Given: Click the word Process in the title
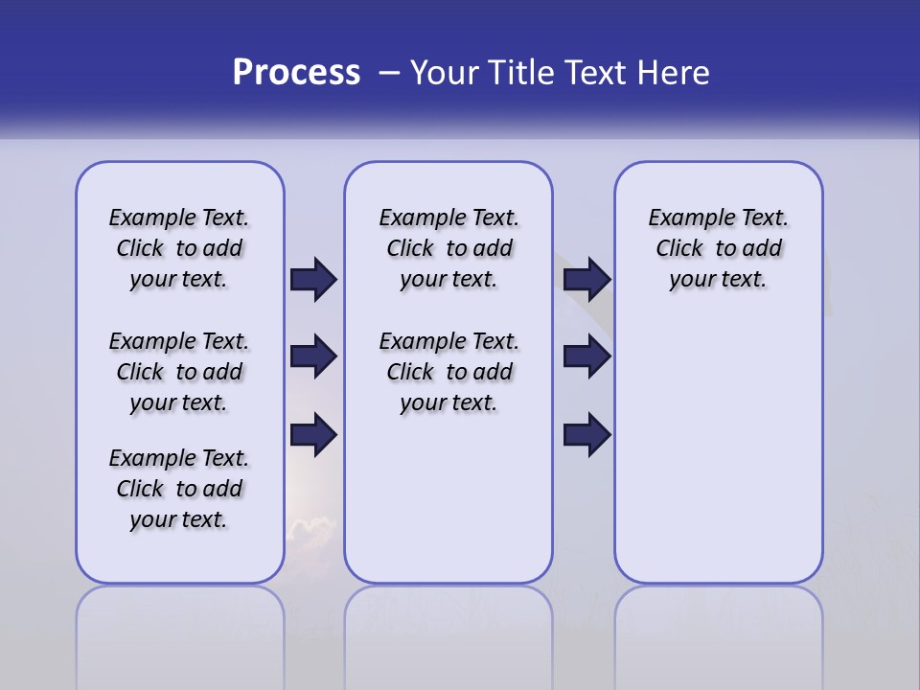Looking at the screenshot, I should [x=296, y=73].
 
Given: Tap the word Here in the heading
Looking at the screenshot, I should [x=674, y=73].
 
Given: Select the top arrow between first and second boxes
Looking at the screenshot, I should [x=313, y=279].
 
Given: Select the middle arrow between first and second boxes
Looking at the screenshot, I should [x=313, y=356].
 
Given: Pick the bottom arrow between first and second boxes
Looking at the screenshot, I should [x=313, y=434].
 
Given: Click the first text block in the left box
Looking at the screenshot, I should [x=179, y=248].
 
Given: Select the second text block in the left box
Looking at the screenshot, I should [x=179, y=372].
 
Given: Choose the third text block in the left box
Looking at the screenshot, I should [x=179, y=489].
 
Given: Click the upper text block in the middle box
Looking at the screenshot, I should [x=448, y=248].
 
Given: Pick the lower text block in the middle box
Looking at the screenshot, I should [x=448, y=372].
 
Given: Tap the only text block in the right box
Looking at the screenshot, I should [x=718, y=248].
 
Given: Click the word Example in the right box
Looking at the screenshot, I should [x=684, y=218].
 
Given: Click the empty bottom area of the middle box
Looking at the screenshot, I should [x=448, y=508].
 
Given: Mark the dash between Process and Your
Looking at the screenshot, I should [x=389, y=73].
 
